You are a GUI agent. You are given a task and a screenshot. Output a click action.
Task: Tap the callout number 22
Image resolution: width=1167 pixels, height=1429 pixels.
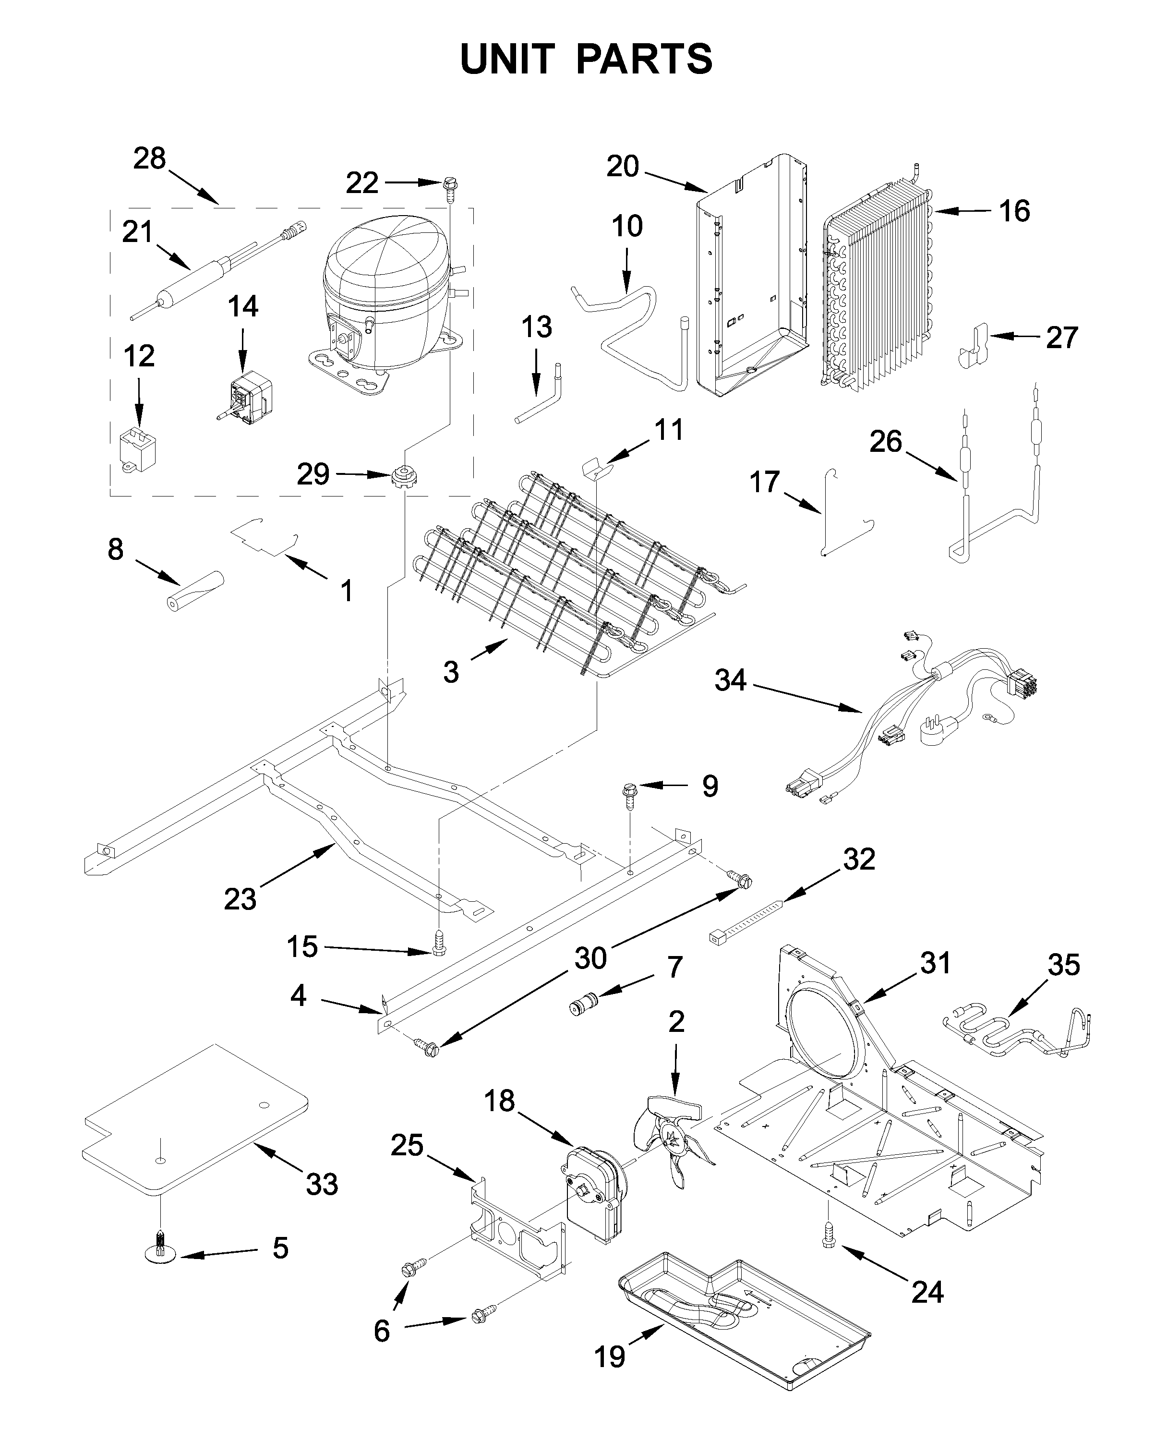coord(362,183)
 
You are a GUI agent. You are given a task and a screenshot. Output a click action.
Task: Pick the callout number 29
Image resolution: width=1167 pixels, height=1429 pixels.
coord(313,475)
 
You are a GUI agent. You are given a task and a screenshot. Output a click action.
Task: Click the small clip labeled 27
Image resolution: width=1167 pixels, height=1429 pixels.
coord(973,346)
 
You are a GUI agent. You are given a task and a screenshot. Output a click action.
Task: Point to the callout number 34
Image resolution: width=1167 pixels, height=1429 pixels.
coord(731,680)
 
